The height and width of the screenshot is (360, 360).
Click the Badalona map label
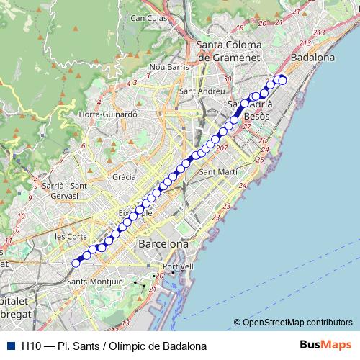point(312,57)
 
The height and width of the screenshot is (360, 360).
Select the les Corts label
point(71,236)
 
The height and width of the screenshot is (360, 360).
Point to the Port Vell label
point(178,267)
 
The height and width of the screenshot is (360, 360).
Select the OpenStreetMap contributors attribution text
point(297,322)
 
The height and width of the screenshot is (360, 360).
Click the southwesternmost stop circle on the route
point(76,263)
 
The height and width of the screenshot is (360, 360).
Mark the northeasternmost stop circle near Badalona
point(282,79)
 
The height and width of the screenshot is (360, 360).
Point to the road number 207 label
point(221,149)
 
